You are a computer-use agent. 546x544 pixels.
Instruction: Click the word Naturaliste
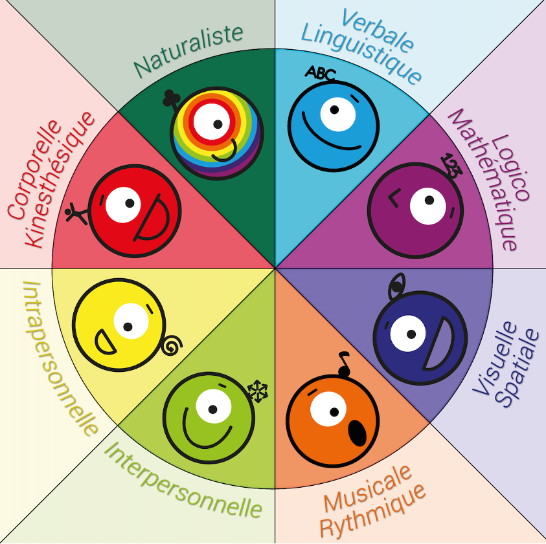click(188, 50)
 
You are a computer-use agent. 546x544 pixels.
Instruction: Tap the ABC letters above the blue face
click(320, 73)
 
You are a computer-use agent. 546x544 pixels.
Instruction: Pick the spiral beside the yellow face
click(171, 347)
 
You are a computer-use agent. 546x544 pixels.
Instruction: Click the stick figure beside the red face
click(76, 213)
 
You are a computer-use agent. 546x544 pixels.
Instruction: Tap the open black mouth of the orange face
click(357, 431)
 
